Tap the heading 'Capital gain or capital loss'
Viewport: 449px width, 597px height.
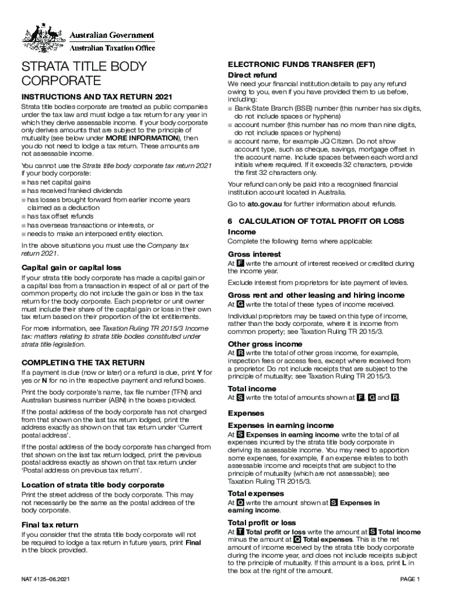point(71,268)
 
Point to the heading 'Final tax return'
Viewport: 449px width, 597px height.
point(50,525)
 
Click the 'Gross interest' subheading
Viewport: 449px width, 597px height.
point(254,254)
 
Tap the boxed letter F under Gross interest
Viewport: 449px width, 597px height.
point(240,264)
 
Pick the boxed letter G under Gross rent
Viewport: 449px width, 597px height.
point(240,304)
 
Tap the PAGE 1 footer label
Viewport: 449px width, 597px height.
point(409,579)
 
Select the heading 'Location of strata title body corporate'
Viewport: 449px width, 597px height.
point(93,485)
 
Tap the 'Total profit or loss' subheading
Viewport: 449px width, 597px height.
point(262,522)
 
